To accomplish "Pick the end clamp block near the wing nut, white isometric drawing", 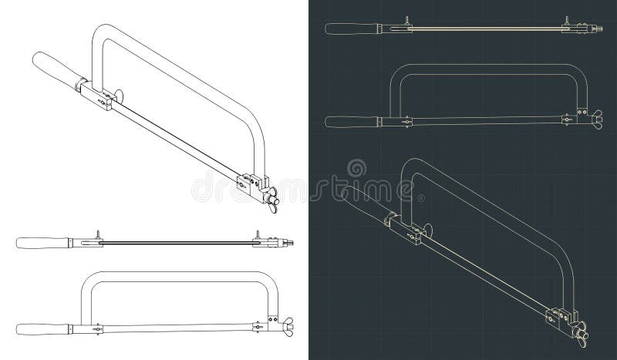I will [249, 186].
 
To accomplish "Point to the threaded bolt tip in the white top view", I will [291, 243].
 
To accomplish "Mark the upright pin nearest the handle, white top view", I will [98, 234].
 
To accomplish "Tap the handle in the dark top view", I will [352, 29].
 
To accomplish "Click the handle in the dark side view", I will [352, 121].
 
